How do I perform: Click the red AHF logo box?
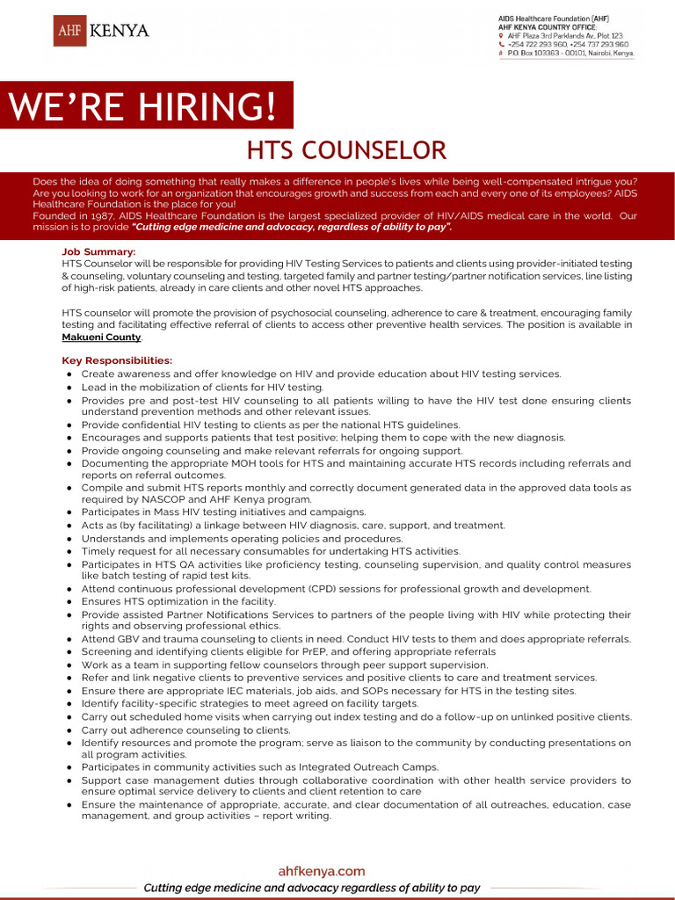pos(69,31)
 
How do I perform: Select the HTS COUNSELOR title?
pos(346,150)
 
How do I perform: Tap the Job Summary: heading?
pos(98,252)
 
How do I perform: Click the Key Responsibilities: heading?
pos(117,360)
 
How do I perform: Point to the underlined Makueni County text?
pos(101,337)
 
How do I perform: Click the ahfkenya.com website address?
pos(321,871)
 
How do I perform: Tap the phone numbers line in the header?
pos(568,44)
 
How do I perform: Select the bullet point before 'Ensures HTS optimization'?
pos(69,602)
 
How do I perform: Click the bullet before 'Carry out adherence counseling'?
pos(69,730)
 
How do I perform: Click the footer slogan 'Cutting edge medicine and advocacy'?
pos(312,888)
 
